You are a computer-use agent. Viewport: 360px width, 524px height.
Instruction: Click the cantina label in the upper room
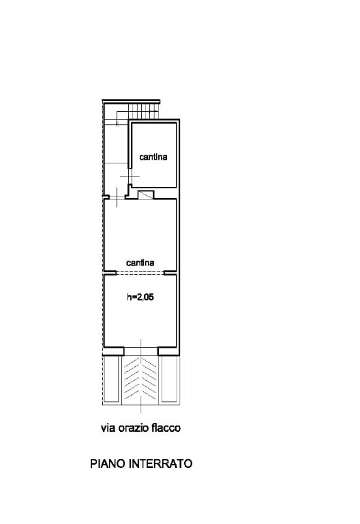153,156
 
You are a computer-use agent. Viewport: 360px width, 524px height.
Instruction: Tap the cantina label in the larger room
140,263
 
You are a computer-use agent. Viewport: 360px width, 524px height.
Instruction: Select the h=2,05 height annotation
140,297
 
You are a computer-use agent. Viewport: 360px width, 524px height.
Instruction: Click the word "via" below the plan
108,428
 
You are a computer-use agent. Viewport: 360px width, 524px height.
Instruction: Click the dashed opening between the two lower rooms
140,273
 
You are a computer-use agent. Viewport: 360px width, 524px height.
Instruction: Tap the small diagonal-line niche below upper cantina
146,195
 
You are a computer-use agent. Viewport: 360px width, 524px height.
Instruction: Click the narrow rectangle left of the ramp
111,379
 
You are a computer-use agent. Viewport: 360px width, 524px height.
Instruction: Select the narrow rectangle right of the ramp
169,379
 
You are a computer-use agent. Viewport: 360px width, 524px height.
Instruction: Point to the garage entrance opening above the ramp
140,351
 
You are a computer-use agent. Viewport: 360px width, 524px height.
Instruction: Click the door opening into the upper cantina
130,176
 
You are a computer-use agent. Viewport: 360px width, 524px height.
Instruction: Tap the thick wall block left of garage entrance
113,351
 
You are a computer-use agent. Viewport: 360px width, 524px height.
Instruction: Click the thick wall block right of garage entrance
168,351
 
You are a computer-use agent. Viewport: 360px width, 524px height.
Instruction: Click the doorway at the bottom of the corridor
117,197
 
